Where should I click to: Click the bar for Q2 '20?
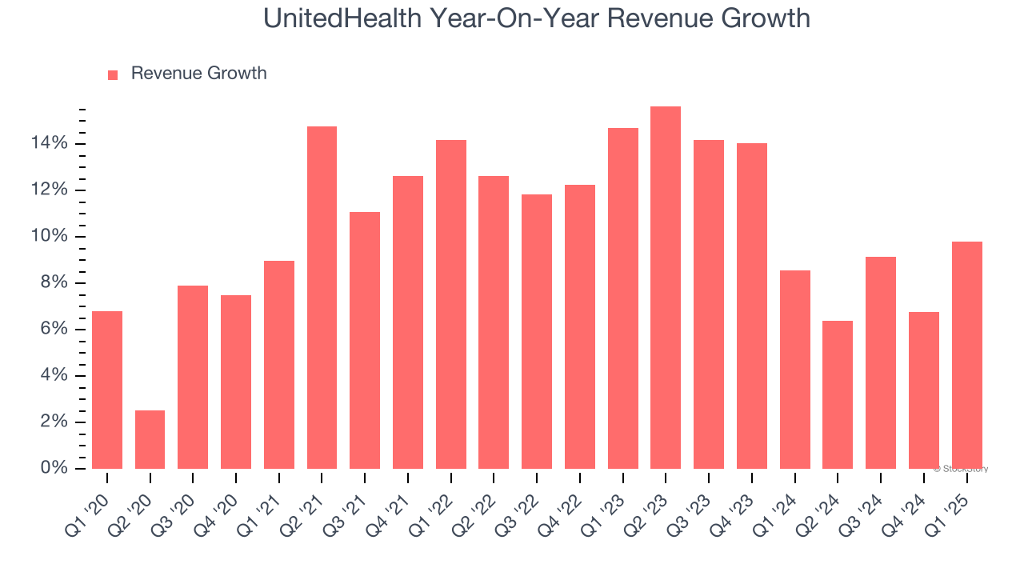point(150,439)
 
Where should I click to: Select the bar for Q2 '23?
point(666,287)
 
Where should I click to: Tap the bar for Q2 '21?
point(322,298)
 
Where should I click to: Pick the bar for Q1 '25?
point(966,355)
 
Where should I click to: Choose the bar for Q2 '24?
point(838,394)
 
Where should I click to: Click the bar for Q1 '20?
point(107,390)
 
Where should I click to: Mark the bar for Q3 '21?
point(365,340)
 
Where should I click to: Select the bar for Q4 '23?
point(752,306)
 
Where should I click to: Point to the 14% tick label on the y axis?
point(50,144)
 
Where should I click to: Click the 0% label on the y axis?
point(54,468)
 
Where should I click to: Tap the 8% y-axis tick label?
point(54,283)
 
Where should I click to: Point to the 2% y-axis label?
point(54,422)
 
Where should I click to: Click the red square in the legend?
point(113,74)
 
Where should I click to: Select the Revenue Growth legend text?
point(198,74)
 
